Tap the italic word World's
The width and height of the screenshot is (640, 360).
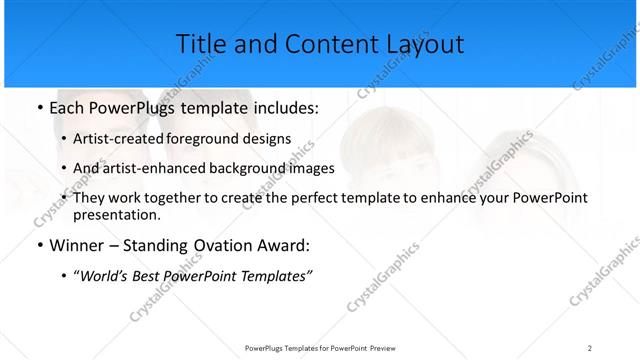pos(106,276)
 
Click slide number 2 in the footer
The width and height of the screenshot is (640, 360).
pos(589,347)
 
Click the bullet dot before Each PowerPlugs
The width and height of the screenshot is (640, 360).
pos(38,107)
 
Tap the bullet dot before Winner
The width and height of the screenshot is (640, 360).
pos(38,246)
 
